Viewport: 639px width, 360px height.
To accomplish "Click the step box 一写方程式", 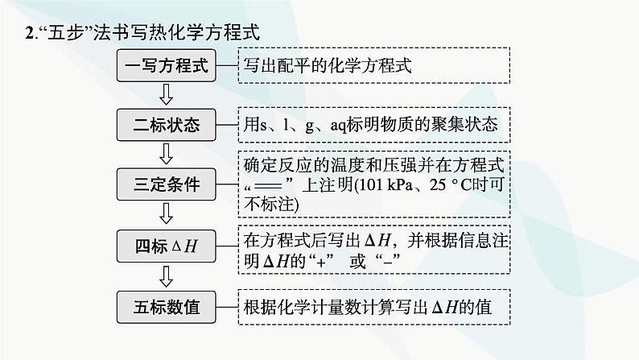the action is [x=167, y=66].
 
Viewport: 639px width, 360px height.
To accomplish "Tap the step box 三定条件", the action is [x=167, y=184].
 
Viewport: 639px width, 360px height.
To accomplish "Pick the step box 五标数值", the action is [x=167, y=307].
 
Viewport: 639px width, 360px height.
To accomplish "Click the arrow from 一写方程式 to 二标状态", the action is [x=167, y=95].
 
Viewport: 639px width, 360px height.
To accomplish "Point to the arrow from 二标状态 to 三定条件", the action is [x=167, y=155].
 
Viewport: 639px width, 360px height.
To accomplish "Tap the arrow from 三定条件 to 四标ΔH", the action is [x=167, y=214].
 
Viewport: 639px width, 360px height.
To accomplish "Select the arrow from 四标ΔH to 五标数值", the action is [x=167, y=276].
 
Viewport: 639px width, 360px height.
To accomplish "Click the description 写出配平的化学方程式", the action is [x=328, y=66].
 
